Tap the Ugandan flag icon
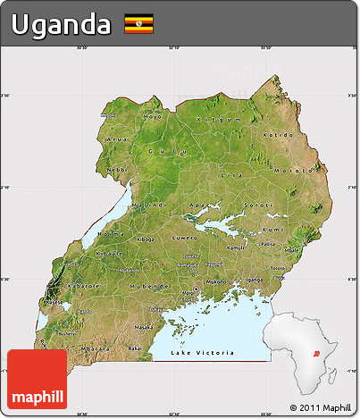point(138,24)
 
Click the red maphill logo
point(37,380)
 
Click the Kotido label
point(278,133)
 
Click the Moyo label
point(153,116)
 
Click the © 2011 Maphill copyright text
point(321,406)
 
